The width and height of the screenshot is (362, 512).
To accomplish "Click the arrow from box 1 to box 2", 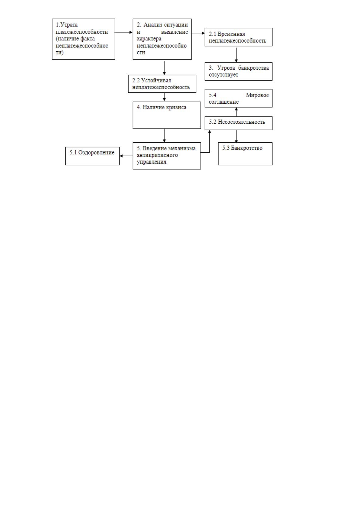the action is coord(124,32).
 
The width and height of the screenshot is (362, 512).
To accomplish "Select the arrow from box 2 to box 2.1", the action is coord(198,33).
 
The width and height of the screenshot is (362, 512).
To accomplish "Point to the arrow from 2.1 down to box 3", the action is coord(236,55).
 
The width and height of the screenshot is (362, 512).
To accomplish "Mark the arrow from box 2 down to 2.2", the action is coord(164,68).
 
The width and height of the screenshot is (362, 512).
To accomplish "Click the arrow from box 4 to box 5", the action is coord(164,136).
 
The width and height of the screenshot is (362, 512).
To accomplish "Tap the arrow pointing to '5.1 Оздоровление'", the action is coord(126,156).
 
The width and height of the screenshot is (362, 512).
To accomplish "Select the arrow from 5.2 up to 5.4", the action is coord(236,112).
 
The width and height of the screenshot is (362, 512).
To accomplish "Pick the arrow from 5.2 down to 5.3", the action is coord(236,136).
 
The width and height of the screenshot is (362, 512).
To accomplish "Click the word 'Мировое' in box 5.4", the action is coord(257,95).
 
